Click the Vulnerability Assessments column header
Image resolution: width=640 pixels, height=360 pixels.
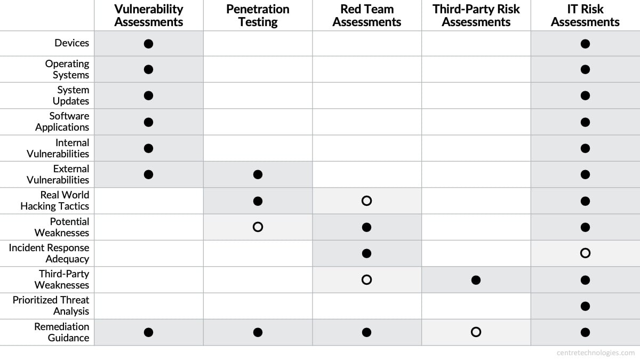tap(149, 15)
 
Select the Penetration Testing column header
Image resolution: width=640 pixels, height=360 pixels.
tap(258, 15)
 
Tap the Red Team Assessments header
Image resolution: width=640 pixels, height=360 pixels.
tap(366, 15)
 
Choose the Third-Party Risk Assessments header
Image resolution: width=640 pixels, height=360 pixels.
tap(476, 15)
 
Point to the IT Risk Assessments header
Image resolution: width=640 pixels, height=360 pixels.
tap(585, 15)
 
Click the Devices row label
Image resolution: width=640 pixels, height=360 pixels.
tap(71, 43)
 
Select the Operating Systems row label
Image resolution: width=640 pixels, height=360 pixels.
tap(67, 69)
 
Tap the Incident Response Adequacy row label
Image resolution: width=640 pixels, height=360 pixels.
tap(49, 253)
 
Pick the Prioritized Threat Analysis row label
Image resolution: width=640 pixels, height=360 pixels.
tap(51, 306)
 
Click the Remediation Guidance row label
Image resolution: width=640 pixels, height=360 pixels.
tap(62, 332)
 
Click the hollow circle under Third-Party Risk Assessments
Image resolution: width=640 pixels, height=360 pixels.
tap(476, 332)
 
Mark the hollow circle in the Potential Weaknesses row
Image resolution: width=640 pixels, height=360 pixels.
tap(258, 227)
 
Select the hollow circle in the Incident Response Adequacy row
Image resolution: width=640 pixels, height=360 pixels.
tap(585, 253)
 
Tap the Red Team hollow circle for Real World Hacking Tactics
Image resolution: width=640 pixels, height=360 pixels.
tap(366, 201)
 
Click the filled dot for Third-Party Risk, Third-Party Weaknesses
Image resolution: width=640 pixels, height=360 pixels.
tap(476, 279)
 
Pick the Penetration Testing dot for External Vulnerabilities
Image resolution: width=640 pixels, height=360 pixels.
tap(258, 174)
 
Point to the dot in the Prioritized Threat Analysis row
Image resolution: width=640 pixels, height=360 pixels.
tap(585, 306)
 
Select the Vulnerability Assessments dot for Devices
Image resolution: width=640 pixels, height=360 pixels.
tap(149, 43)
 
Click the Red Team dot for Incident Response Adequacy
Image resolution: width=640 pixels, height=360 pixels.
tap(366, 253)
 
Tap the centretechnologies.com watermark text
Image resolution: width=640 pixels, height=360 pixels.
tap(595, 353)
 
